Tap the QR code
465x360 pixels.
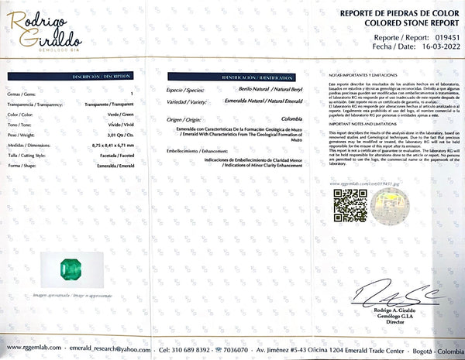click(350, 205)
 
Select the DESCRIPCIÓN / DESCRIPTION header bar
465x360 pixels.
click(102, 77)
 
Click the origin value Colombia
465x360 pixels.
click(291, 118)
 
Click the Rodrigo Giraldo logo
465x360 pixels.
click(46, 29)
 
